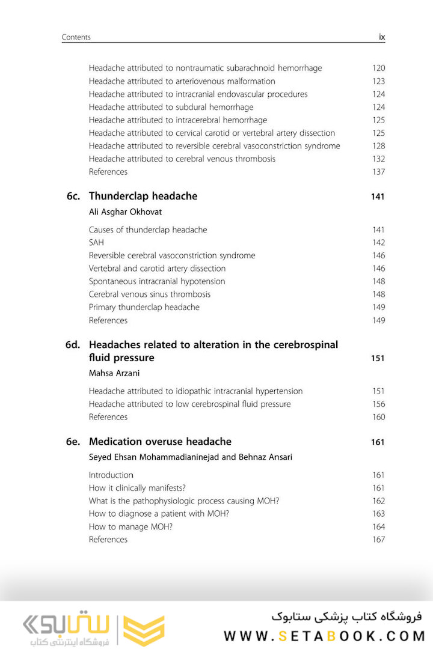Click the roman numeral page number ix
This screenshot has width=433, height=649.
(x=381, y=37)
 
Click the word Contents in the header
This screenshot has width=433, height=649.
(x=76, y=37)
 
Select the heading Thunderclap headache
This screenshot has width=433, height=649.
(x=143, y=196)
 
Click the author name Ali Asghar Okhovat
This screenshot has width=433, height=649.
(x=125, y=212)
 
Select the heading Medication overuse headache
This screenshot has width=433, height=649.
(x=160, y=442)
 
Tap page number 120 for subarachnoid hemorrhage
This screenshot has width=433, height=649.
(x=378, y=69)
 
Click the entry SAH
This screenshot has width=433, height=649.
(x=96, y=243)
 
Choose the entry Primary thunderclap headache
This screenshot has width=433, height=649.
(x=144, y=307)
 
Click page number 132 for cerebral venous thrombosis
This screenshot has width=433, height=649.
(x=378, y=159)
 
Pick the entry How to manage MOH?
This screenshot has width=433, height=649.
(x=131, y=526)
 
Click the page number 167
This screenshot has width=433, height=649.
(x=378, y=540)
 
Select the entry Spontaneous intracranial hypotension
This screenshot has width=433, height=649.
(x=157, y=281)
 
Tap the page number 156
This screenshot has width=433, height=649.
(x=378, y=404)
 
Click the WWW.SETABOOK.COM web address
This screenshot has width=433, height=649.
(x=324, y=635)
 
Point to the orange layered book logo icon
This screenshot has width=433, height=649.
(x=144, y=630)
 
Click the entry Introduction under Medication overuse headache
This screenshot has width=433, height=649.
(x=111, y=475)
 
